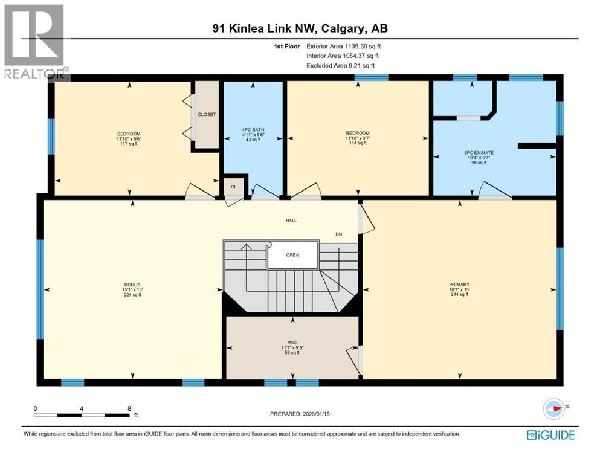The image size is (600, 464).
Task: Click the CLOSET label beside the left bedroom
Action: point(207,114)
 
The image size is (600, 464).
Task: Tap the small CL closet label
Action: point(233,187)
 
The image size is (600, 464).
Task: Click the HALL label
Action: point(292,221)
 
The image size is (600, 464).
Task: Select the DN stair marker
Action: point(339,234)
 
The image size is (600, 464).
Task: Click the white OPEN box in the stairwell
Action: point(292,254)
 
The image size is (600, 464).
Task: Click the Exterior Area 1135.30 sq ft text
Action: point(344,46)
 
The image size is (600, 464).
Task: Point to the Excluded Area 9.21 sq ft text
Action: point(341,65)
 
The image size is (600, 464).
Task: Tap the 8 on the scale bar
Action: point(129,408)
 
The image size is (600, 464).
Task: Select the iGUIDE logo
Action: point(550,434)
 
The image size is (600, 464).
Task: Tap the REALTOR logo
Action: point(34,41)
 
